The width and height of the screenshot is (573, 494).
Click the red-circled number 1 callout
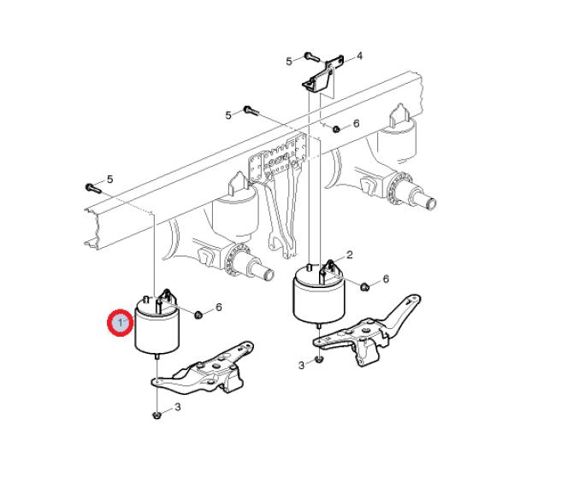(121, 322)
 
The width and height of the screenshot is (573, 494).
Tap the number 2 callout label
(350, 255)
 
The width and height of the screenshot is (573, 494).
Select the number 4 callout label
(359, 56)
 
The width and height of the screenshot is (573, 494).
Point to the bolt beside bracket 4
(311, 57)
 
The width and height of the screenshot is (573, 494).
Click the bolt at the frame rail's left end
(93, 188)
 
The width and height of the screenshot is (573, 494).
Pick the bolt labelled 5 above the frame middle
(251, 110)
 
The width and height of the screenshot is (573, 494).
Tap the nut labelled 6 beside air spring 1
(198, 315)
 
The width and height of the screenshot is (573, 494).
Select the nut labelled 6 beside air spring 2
(364, 286)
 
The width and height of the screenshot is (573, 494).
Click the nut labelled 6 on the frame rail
(336, 128)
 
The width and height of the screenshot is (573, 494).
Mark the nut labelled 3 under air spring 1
(157, 415)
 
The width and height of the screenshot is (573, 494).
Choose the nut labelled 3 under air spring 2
(319, 360)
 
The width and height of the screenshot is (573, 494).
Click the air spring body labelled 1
(157, 326)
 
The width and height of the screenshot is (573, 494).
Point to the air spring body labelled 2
(319, 296)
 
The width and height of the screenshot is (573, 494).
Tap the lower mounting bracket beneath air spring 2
(367, 330)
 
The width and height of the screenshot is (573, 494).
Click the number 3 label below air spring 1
(178, 407)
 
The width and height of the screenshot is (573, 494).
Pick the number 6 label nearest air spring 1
(219, 308)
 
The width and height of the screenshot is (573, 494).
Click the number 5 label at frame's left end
(110, 179)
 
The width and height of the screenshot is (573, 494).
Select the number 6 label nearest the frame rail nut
(357, 123)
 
